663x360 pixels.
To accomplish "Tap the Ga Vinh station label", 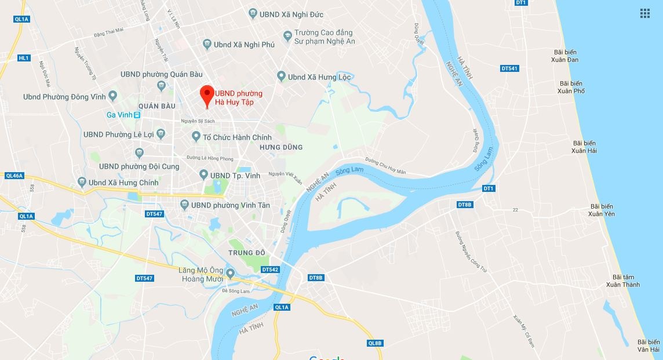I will coord(119,114).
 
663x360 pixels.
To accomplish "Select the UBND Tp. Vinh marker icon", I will coord(203,174).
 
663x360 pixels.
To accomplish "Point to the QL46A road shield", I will coord(14,174).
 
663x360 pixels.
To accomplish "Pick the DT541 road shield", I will coord(509,68).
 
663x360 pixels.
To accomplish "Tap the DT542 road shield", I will coord(270,270).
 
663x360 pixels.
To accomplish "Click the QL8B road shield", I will coord(375,343).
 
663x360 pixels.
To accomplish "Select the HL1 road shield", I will coord(24,58).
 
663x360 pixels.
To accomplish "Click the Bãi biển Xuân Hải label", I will coord(584,147).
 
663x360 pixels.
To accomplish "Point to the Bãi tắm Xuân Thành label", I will coord(622,281).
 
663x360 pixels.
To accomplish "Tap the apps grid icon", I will coord(644,13).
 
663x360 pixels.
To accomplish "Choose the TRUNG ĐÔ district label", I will coord(246,253).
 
